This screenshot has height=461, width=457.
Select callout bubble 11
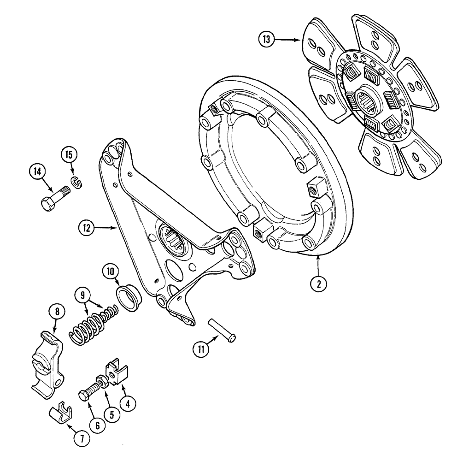201,349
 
